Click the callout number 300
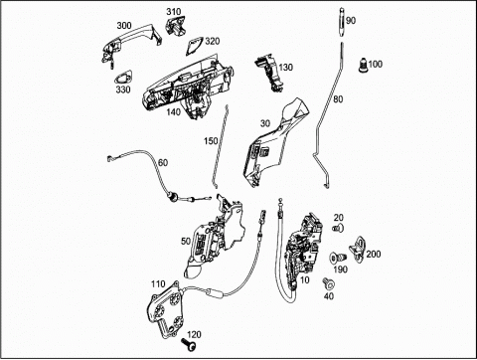[124, 26]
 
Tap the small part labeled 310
[175, 26]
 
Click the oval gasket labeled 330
[123, 78]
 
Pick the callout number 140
[173, 112]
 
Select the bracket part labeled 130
[268, 73]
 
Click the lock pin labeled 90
[341, 22]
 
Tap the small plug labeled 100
[364, 65]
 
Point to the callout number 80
[338, 98]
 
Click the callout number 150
[211, 141]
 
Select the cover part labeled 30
[275, 142]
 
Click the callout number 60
[163, 163]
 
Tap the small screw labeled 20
[338, 228]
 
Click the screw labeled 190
[338, 258]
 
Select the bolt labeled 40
[328, 282]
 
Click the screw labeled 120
[189, 345]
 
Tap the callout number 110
[158, 284]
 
